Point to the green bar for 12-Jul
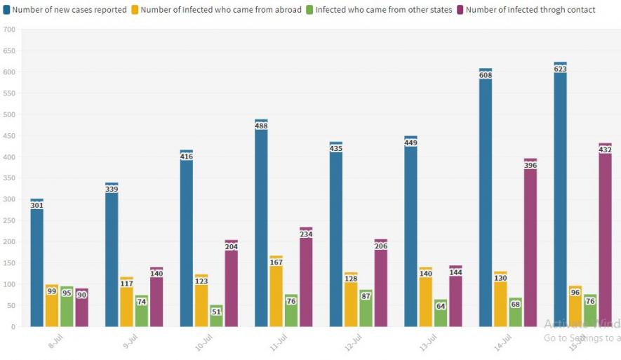pyautogui.click(x=366, y=308)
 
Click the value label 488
pyautogui.click(x=261, y=126)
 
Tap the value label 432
pyautogui.click(x=605, y=150)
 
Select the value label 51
pyautogui.click(x=216, y=312)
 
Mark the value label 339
pyautogui.click(x=112, y=189)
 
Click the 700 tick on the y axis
pyautogui.click(x=9, y=30)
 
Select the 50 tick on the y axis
pyautogui.click(x=9, y=306)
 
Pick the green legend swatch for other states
pyautogui.click(x=309, y=10)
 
